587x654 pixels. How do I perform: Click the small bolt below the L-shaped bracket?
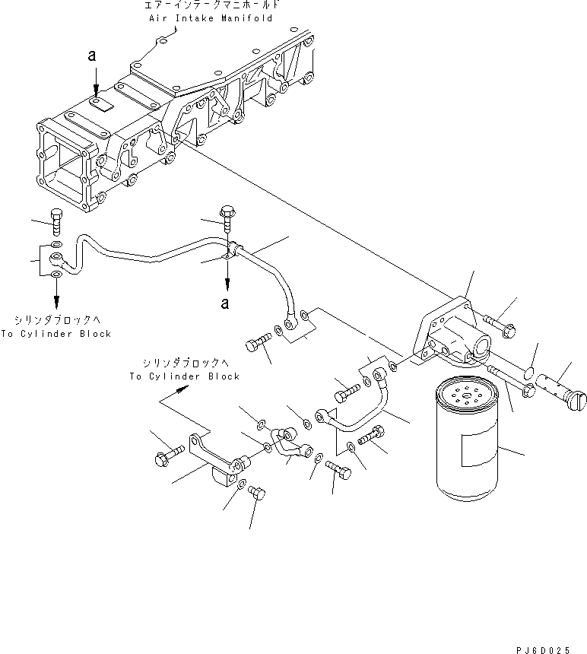[256, 494]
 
